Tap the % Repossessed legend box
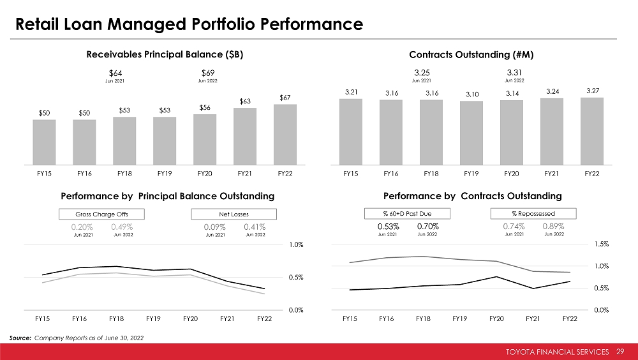[533, 213]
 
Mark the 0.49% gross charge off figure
[121, 227]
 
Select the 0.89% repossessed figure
[553, 226]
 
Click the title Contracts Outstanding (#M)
[471, 55]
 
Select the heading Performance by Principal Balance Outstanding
[167, 195]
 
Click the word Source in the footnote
[20, 337]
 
